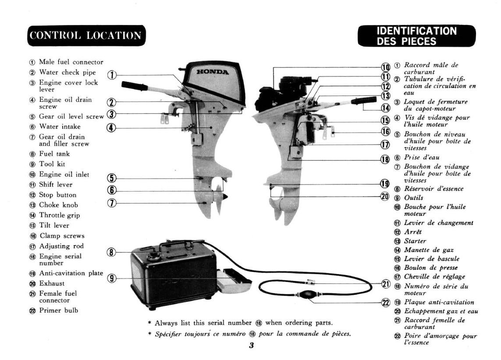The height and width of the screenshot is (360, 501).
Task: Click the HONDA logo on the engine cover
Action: (213, 72)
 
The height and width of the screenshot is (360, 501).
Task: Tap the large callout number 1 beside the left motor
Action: (111, 75)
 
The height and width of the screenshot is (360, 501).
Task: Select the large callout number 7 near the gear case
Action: (111, 203)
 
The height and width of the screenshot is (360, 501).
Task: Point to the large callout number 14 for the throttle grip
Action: (386, 108)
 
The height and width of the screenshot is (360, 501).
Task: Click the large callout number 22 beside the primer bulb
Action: (386, 302)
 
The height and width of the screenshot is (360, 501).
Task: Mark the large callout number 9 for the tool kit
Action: (111, 278)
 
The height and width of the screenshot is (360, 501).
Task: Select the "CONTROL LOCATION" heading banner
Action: (86, 35)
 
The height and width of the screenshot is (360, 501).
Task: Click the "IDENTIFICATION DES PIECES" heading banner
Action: (417, 36)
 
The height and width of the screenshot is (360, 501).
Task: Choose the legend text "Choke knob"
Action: (58, 205)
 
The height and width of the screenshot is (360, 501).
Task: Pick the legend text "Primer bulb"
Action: (58, 310)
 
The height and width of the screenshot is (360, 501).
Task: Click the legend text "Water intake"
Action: (60, 127)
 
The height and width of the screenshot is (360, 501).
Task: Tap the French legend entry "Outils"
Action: (413, 198)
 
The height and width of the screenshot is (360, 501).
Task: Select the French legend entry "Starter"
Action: (415, 241)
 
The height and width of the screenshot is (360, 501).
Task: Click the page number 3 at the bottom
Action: (252, 345)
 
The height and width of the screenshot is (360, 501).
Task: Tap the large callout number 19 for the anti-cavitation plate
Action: (385, 184)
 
